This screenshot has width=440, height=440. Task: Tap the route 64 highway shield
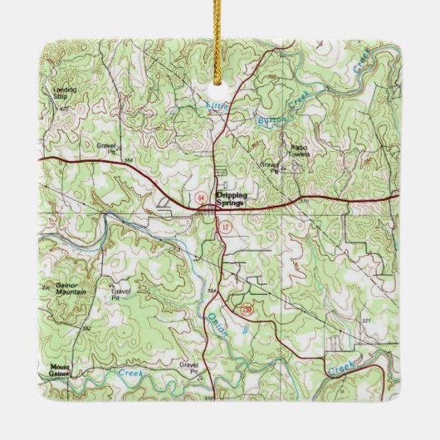[x=203, y=197]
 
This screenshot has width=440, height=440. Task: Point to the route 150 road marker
[x=246, y=310]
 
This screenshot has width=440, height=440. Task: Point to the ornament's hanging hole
[x=219, y=85]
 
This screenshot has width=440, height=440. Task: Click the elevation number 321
[x=367, y=321]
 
